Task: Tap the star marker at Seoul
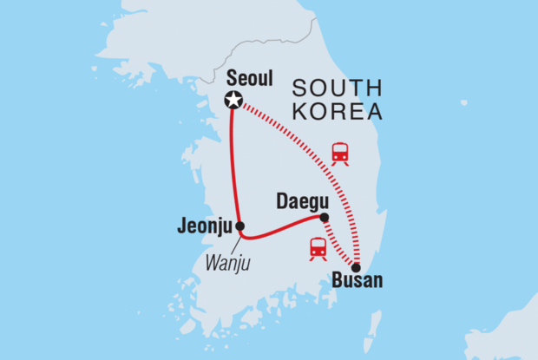[233, 100]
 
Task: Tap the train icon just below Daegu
[318, 247]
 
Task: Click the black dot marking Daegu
[324, 218]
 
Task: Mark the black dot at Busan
[356, 267]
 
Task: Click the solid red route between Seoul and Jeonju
[232, 165]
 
